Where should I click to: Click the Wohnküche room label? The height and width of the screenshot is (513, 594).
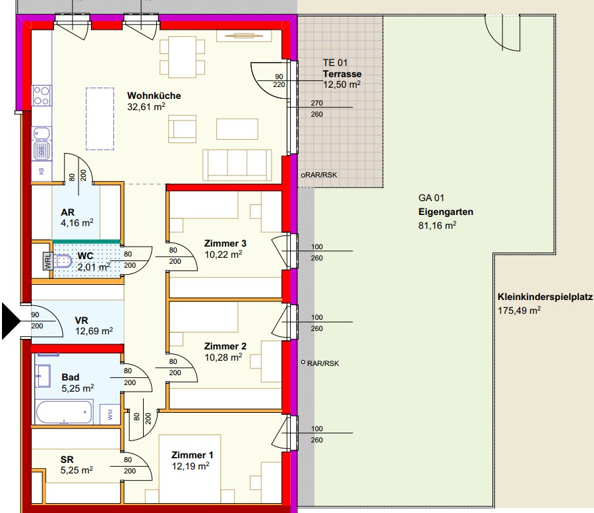(154, 96)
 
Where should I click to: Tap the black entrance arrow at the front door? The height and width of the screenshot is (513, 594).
(11, 321)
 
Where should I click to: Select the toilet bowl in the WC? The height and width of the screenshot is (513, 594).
(63, 261)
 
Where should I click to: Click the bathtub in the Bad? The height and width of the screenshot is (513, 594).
(64, 412)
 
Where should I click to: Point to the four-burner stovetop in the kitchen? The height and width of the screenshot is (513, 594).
(42, 96)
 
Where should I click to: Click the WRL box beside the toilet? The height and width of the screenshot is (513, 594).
(47, 261)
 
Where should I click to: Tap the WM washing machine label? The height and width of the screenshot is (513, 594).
(110, 414)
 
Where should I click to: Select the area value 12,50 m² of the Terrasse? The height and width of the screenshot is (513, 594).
(342, 84)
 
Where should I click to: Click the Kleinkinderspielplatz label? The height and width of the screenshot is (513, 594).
(545, 297)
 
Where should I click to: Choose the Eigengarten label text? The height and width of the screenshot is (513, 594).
(446, 212)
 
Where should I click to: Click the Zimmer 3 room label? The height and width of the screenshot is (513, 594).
(225, 243)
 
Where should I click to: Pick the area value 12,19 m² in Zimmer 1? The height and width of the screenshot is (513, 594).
(191, 466)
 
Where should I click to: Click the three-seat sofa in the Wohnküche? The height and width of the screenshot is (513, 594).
(237, 165)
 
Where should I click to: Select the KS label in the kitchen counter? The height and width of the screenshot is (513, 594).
(42, 171)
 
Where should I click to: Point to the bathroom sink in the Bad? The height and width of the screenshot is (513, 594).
(43, 376)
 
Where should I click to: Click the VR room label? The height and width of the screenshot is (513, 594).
(82, 320)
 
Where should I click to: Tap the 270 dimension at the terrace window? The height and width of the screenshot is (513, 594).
(316, 103)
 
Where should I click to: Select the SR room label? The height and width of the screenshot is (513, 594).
(67, 460)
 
